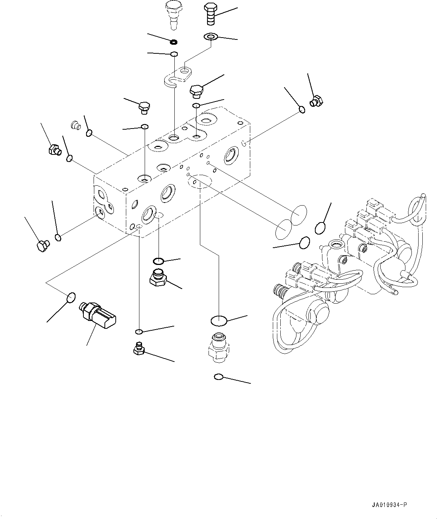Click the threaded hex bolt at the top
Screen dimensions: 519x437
(210, 14)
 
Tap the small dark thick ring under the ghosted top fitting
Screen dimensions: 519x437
(174, 42)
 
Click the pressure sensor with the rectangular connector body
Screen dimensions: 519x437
(98, 315)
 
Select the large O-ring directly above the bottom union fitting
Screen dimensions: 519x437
(218, 321)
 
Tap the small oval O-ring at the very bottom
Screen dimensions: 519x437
(219, 377)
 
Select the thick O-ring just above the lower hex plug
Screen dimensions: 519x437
(158, 261)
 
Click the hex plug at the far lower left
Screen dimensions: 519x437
(43, 246)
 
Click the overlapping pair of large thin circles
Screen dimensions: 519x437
(292, 222)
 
